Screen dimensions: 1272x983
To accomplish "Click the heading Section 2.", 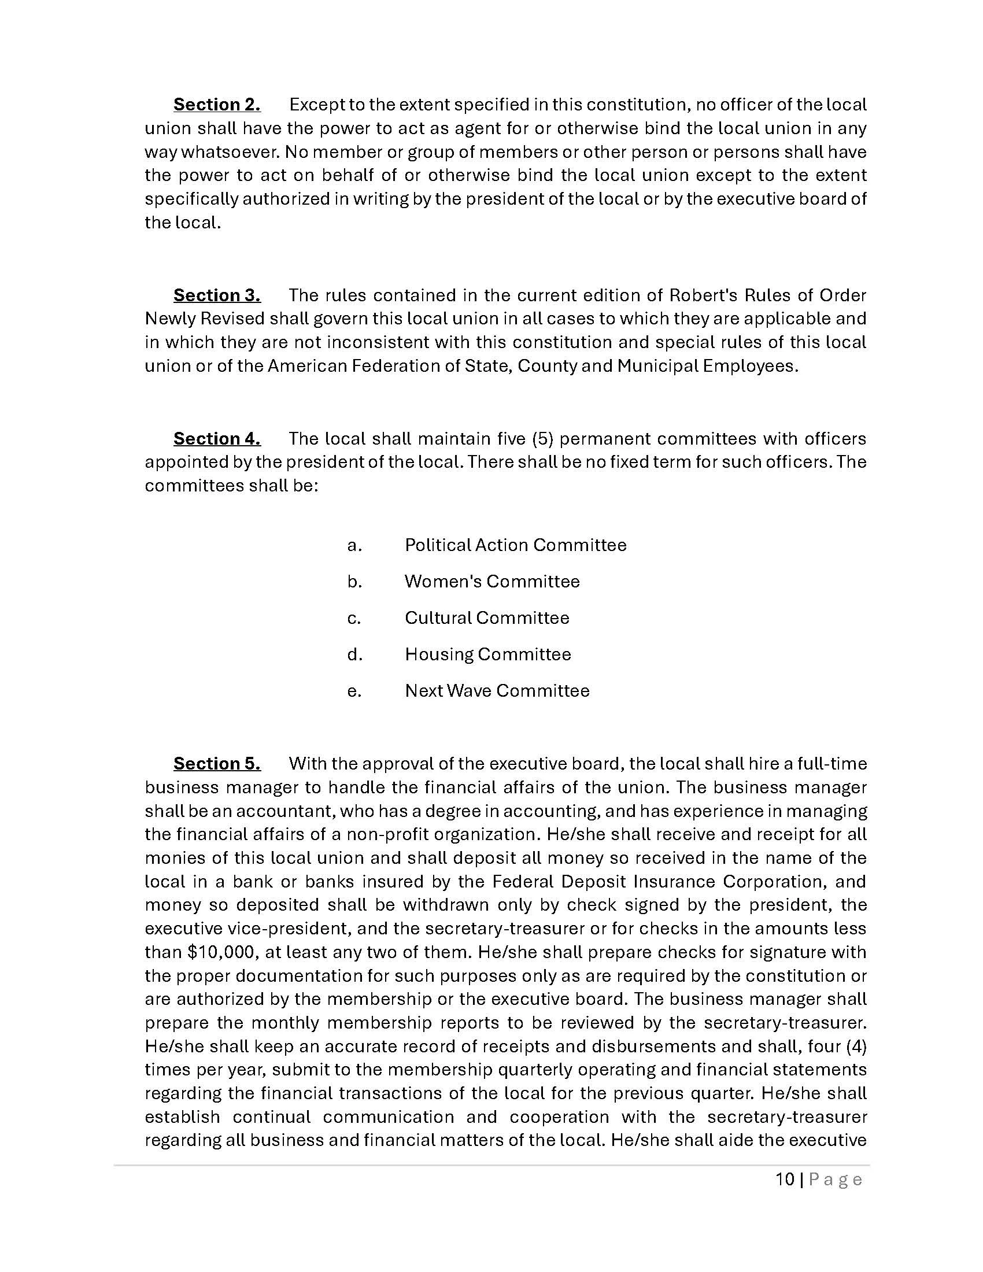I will point(217,105).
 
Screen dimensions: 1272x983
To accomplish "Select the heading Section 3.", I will point(217,295).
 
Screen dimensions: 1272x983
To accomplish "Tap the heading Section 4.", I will point(217,439).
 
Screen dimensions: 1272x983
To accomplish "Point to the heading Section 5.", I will point(217,764).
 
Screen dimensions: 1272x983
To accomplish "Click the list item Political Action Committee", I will point(515,545).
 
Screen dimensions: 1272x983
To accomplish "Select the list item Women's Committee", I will point(492,581).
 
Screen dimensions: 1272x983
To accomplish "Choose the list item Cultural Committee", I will point(487,618).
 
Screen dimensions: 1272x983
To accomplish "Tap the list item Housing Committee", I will point(487,655).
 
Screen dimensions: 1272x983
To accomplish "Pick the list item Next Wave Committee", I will point(497,691).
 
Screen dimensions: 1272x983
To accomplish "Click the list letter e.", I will point(354,692).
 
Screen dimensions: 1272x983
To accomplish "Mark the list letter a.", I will point(354,546).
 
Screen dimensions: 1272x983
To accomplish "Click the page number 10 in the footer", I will point(785,1180).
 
